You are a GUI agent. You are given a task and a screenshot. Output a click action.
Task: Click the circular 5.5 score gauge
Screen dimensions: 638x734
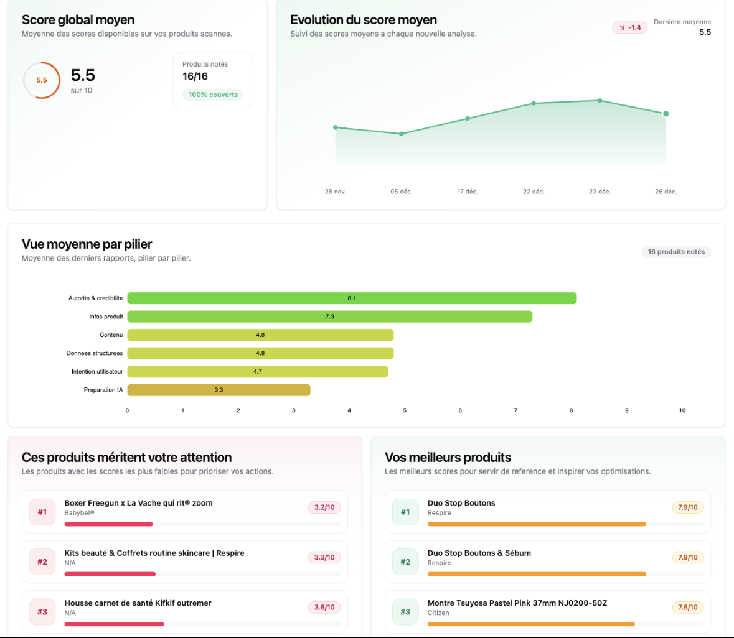42,80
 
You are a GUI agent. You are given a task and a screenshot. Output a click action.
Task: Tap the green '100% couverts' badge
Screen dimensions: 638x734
213,95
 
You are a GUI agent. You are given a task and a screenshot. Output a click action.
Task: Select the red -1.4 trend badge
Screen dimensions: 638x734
629,27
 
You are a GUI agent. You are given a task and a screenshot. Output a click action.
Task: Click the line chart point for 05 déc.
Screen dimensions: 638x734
402,134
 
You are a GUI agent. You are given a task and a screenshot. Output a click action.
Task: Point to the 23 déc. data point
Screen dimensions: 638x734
600,100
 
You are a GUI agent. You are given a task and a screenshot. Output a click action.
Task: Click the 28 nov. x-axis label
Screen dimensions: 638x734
335,192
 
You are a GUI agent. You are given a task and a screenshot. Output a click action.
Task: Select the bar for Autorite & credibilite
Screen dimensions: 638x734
352,298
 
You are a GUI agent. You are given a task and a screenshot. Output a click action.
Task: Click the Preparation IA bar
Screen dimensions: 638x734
219,390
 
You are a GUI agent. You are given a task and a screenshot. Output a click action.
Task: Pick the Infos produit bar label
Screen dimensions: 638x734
106,317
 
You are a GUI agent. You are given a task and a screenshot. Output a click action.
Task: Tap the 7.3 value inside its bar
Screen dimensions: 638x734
329,317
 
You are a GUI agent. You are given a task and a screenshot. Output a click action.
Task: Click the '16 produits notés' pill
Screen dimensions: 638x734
676,252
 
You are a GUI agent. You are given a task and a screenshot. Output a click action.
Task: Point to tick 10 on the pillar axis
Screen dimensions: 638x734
682,410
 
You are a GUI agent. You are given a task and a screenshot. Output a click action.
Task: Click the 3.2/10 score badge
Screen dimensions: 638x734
324,507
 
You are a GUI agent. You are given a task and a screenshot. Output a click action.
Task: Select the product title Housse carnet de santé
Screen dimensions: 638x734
138,603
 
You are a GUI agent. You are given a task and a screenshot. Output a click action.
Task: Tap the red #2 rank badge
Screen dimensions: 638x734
42,562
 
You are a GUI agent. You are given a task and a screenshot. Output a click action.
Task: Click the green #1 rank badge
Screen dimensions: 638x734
405,512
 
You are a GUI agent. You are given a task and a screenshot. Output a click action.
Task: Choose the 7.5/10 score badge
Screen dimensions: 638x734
687,607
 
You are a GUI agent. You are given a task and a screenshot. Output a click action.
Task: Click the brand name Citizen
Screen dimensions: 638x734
438,613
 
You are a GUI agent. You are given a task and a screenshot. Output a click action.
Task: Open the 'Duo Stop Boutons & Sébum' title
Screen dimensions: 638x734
479,553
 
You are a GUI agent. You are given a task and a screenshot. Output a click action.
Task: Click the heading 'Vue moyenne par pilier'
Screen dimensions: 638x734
87,244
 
